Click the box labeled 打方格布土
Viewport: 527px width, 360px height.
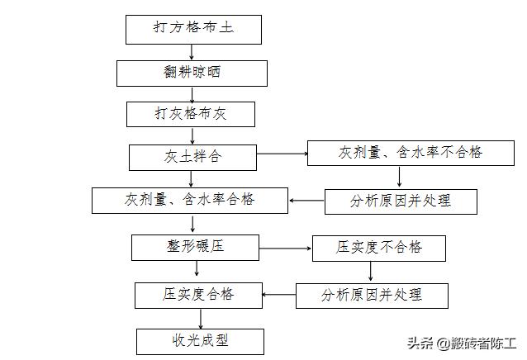coord(193,29)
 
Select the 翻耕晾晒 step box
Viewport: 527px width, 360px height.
coord(192,73)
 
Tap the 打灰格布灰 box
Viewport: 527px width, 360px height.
coord(191,114)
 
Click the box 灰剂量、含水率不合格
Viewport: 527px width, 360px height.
coord(399,154)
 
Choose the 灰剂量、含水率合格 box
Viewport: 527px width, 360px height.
coord(190,200)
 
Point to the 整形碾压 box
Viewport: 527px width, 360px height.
coord(195,246)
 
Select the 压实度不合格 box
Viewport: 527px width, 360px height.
coord(378,248)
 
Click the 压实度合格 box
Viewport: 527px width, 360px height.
coord(197,294)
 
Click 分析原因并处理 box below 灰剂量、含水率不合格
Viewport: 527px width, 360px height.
coord(401,201)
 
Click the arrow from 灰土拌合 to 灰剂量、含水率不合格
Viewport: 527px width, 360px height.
coord(282,154)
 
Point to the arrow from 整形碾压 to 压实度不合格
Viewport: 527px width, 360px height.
coord(285,246)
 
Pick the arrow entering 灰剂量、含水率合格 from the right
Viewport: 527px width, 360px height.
coord(306,201)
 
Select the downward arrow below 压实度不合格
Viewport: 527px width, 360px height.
coord(380,272)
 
